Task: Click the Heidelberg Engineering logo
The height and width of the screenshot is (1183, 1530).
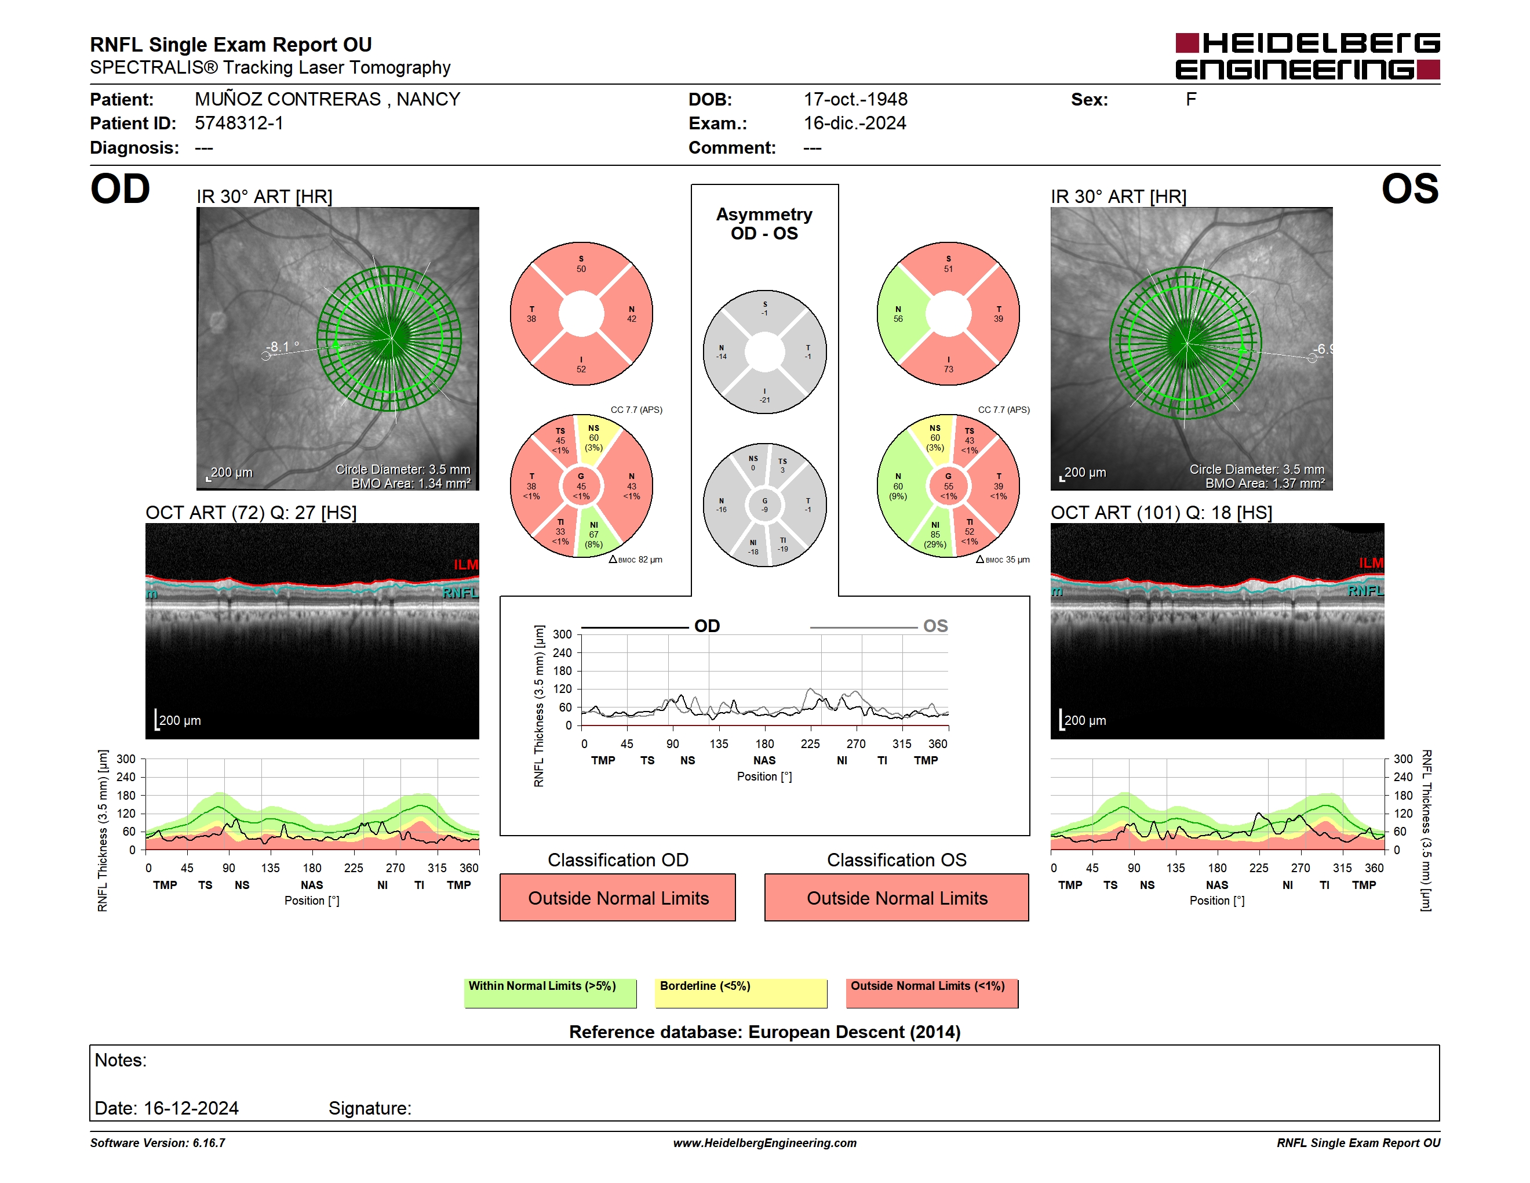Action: (x=1307, y=56)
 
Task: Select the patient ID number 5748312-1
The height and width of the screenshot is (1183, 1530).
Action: (x=239, y=124)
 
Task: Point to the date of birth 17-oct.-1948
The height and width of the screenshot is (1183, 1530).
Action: (x=855, y=100)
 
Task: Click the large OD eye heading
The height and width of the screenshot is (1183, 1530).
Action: (x=120, y=189)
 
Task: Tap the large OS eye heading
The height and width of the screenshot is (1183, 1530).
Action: (x=1410, y=189)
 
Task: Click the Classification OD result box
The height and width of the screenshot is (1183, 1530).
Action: (x=618, y=897)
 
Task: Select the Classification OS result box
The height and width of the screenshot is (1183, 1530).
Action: (x=897, y=897)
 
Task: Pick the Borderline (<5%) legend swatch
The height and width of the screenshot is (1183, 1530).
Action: (x=741, y=993)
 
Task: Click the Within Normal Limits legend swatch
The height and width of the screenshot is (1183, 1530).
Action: (x=551, y=993)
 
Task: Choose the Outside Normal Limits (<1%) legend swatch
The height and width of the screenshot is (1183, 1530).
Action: (x=932, y=993)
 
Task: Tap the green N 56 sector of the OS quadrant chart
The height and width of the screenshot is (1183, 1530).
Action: (x=900, y=314)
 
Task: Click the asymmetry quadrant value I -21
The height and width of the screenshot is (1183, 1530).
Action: (x=765, y=396)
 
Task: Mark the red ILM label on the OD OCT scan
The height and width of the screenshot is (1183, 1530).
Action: (x=466, y=565)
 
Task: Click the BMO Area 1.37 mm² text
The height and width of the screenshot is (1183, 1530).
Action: (x=1265, y=484)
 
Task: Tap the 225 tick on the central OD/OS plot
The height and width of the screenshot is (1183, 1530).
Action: (x=811, y=743)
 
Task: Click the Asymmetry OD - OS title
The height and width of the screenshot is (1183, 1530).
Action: (x=764, y=224)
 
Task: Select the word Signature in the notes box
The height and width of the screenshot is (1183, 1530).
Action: (x=370, y=1108)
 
